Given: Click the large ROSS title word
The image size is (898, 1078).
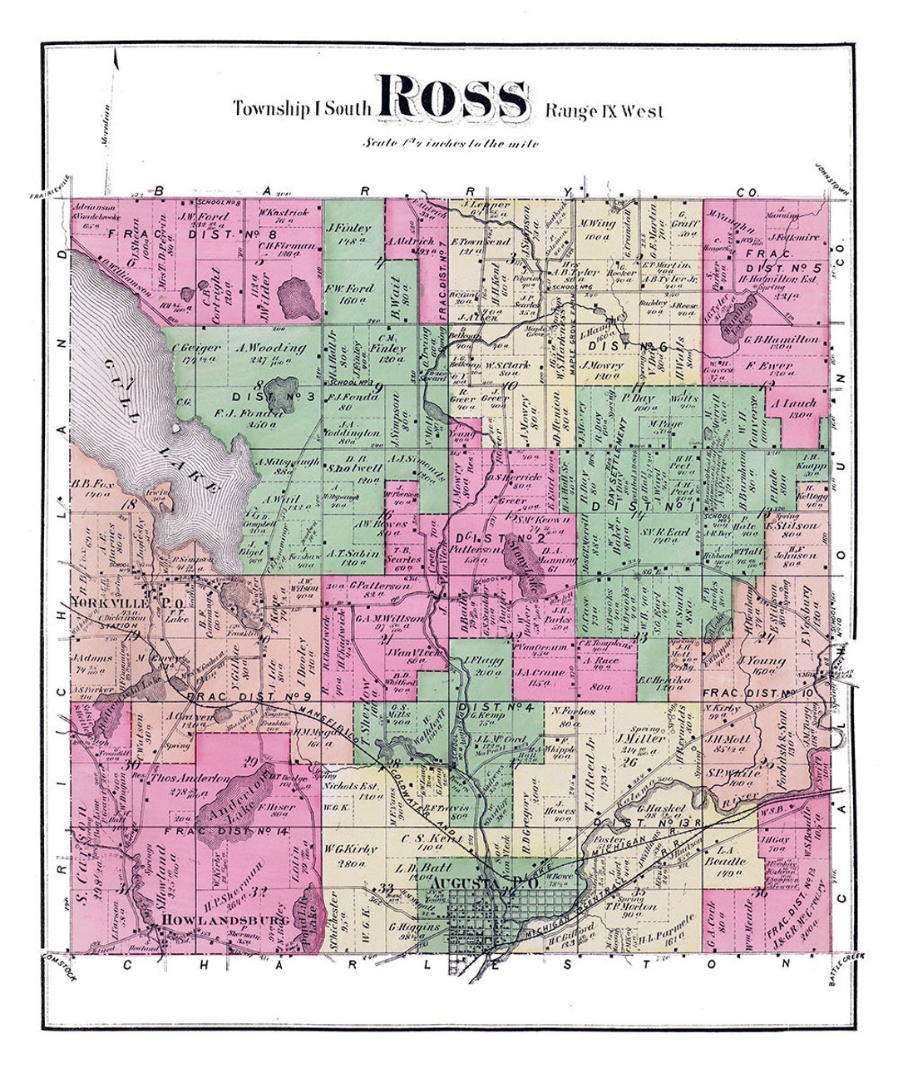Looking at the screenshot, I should coord(454,98).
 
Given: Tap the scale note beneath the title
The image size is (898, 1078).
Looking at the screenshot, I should coord(450,142).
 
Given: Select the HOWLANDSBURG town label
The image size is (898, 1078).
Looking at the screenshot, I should coord(217,920).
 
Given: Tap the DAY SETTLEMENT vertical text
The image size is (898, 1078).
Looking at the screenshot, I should coord(624,470).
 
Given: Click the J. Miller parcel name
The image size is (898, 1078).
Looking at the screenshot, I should coord(636,738).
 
